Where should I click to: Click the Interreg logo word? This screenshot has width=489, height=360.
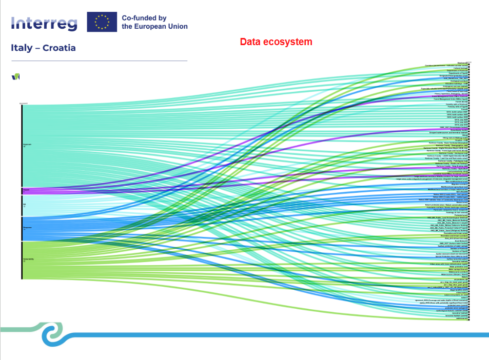click(44, 23)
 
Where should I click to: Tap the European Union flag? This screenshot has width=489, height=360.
click(102, 22)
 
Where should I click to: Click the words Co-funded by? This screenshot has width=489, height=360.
click(144, 17)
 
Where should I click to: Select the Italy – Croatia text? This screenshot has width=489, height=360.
click(43, 48)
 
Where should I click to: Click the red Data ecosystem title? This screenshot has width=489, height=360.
click(276, 42)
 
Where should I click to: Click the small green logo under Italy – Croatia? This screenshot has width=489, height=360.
click(15, 76)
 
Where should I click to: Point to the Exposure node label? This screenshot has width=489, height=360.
click(27, 145)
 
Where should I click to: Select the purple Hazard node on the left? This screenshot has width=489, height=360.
click(25, 191)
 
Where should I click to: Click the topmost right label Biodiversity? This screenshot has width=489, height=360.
click(462, 63)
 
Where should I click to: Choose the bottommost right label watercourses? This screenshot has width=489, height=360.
click(460, 318)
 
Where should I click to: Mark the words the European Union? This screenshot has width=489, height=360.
click(154, 26)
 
